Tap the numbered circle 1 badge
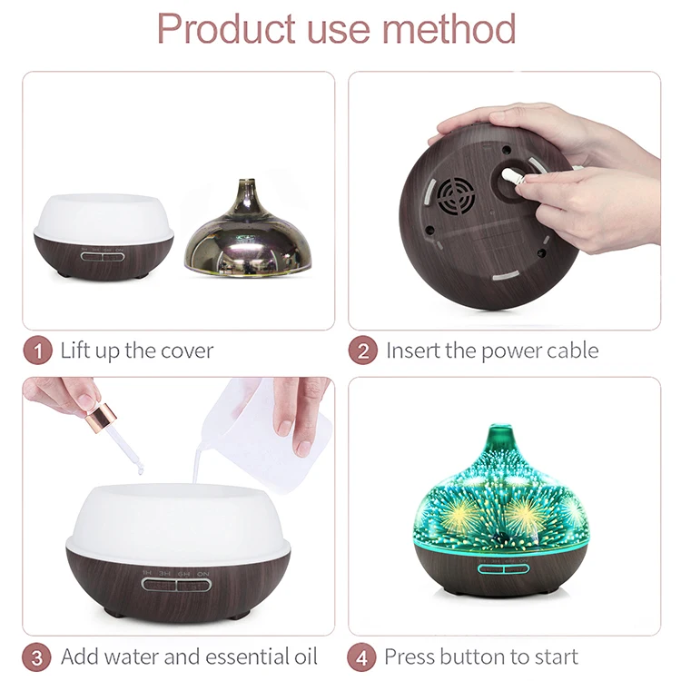point(37,350)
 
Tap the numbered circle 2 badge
point(362,350)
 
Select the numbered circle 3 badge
point(37,656)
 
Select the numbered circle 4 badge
point(362,656)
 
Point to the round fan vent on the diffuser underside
point(457,193)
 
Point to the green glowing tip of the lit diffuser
point(499,435)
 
